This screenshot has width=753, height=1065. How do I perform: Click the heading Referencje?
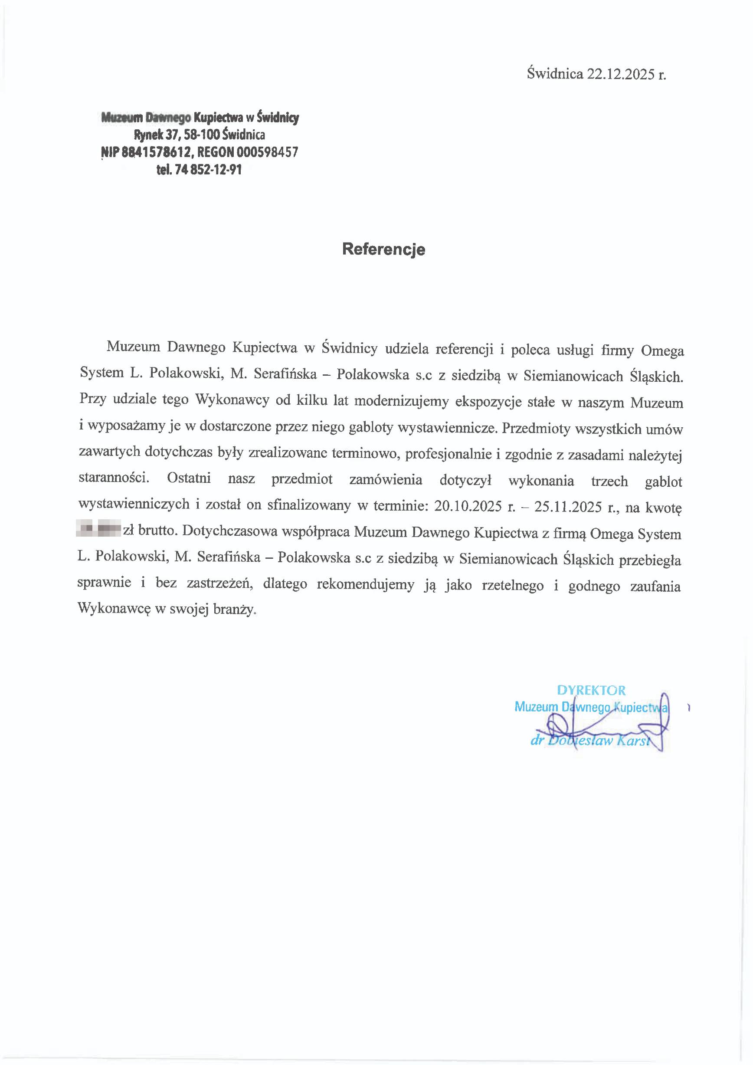tap(383, 249)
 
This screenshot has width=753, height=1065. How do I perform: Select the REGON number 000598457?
tap(267, 153)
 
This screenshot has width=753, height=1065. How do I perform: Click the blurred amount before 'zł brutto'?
tap(98, 528)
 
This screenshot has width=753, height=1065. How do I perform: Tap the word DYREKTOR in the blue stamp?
tap(591, 690)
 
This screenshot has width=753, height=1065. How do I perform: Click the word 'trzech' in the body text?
tap(609, 481)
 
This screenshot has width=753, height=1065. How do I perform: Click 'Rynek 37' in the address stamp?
tap(153, 135)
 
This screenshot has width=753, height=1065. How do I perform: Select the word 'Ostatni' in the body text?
tap(189, 478)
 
